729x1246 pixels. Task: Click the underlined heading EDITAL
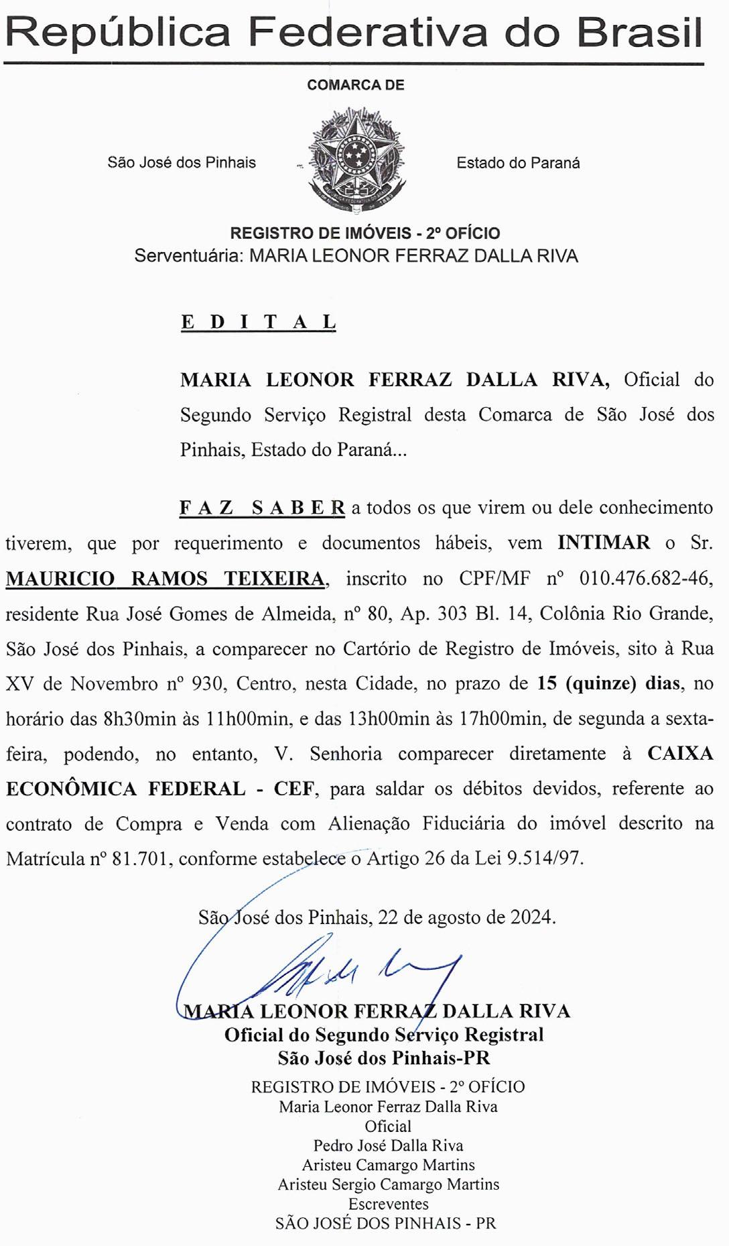[x=258, y=323]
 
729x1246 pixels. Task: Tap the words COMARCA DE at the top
[x=356, y=85]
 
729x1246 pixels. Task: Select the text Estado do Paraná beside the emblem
[x=518, y=163]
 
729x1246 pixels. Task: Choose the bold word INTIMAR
[x=604, y=543]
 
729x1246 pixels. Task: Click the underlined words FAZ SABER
[x=262, y=508]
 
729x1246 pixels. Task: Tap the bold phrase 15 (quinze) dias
[x=608, y=684]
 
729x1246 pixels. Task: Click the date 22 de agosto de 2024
[x=466, y=917]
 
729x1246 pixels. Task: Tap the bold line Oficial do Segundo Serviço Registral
[x=384, y=1035]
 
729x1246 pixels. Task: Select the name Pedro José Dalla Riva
[x=388, y=1146]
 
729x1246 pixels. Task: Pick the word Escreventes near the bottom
[x=388, y=1204]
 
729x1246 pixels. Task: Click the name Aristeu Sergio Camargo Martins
[x=389, y=1184]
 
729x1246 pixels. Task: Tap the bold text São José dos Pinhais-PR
[x=384, y=1058]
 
